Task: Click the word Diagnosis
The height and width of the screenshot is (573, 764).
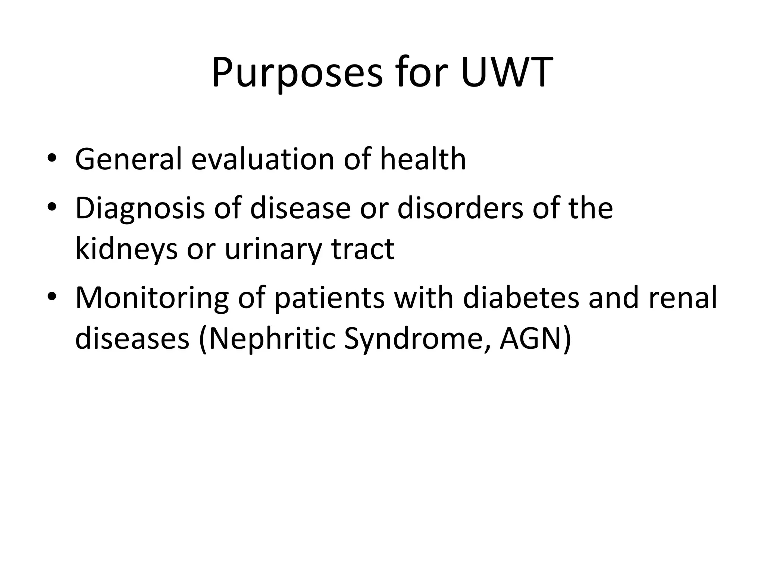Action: tap(140, 208)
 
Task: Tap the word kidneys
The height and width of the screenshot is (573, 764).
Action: tap(126, 249)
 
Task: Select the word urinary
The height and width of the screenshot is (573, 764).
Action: tap(273, 249)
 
